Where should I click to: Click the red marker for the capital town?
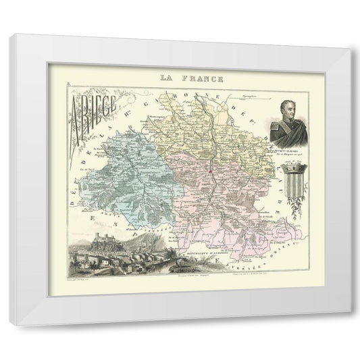click(211, 172)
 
